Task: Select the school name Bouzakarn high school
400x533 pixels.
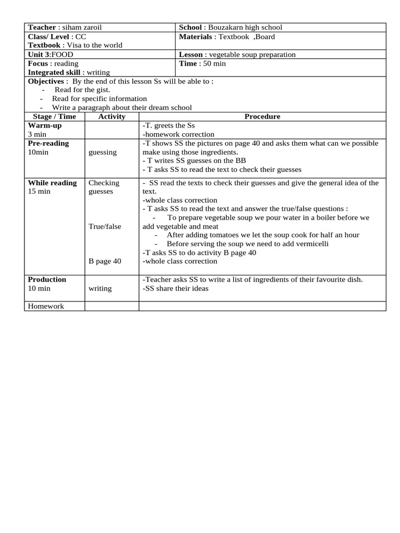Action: pyautogui.click(x=245, y=28)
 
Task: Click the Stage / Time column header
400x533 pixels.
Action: pyautogui.click(x=54, y=117)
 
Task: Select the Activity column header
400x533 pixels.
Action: pyautogui.click(x=111, y=117)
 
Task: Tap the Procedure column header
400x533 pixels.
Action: pyautogui.click(x=262, y=117)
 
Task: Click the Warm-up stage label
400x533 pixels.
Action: pyautogui.click(x=44, y=125)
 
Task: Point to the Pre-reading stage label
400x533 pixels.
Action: pyautogui.click(x=48, y=143)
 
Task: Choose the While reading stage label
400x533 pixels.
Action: pyautogui.click(x=52, y=183)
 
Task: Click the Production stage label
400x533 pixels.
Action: pyautogui.click(x=47, y=280)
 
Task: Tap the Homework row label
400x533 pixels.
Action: pyautogui.click(x=46, y=306)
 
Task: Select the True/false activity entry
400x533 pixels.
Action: pyautogui.click(x=105, y=226)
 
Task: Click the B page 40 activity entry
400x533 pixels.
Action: pyautogui.click(x=105, y=261)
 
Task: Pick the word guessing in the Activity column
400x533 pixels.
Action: pyautogui.click(x=103, y=152)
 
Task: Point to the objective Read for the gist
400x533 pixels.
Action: pyautogui.click(x=82, y=90)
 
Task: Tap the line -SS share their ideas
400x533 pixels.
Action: pyautogui.click(x=175, y=288)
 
